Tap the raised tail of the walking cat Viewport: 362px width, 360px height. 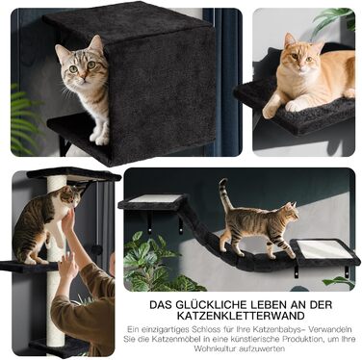pos(224,194)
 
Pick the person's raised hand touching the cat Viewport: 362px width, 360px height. pos(67,220)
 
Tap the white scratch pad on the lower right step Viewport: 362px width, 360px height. pos(323,248)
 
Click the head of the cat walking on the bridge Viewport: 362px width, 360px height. pos(290,212)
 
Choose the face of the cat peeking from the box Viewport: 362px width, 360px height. pos(80,65)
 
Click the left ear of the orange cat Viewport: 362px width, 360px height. pos(289,39)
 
